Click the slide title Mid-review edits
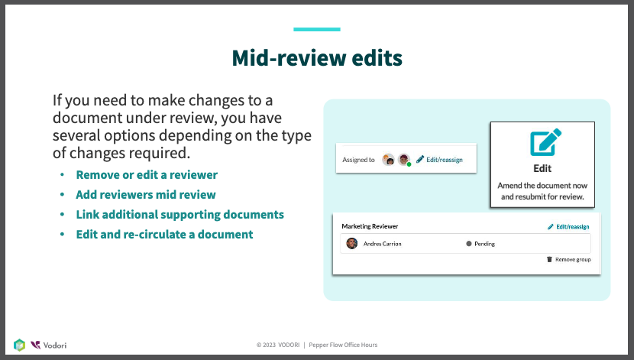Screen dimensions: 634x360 point(317,58)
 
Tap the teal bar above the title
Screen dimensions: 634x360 point(317,29)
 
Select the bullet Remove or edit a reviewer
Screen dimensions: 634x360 point(147,175)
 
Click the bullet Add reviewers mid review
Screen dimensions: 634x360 point(146,195)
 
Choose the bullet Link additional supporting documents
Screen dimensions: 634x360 point(180,214)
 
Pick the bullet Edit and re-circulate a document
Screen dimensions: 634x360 point(164,234)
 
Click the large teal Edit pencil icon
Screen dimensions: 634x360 point(546,142)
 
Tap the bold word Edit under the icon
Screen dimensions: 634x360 point(542,168)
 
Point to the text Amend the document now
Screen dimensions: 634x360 point(542,185)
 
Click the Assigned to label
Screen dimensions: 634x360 point(359,160)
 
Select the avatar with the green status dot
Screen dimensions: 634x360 point(404,160)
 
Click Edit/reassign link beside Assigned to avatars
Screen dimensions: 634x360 point(439,160)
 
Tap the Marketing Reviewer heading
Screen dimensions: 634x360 point(370,226)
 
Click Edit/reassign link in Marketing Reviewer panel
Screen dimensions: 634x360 point(568,226)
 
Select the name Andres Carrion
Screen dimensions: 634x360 point(383,244)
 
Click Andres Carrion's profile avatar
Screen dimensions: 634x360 point(352,244)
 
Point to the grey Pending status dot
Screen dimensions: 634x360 point(469,244)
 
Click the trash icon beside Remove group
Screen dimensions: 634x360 point(549,259)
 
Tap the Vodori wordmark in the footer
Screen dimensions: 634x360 point(55,345)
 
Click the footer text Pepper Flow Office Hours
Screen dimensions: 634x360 point(343,345)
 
